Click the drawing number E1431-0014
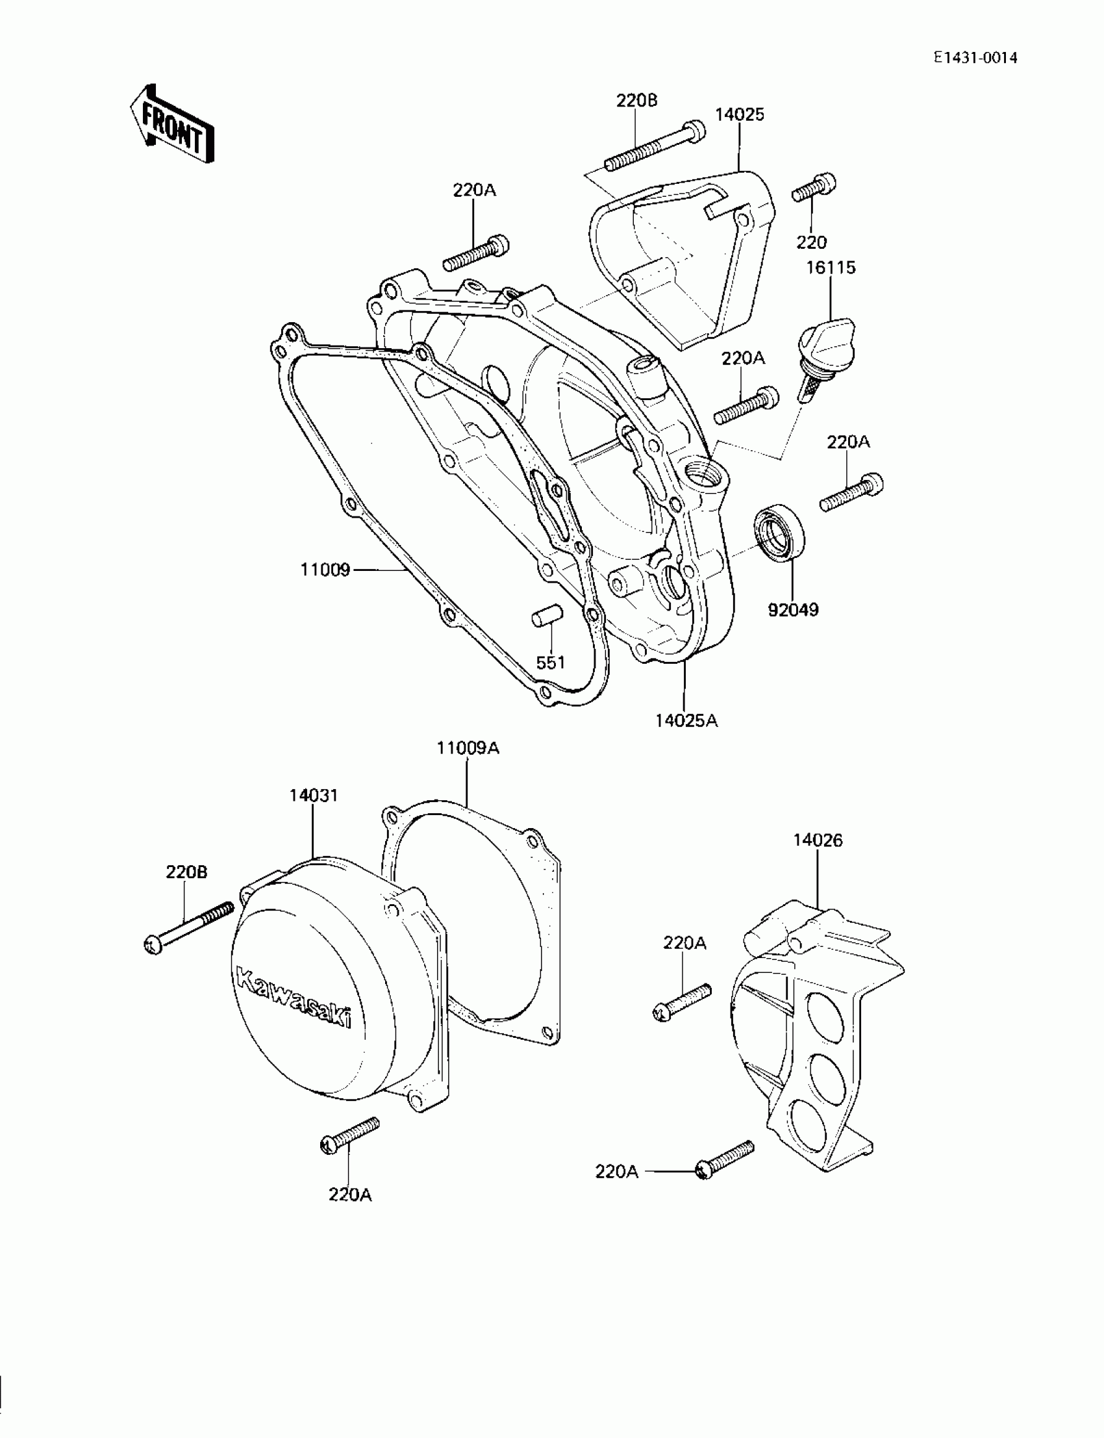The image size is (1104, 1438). point(976,58)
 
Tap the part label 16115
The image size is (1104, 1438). point(831,268)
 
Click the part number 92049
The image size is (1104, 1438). point(793,609)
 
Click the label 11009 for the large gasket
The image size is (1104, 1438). point(325,570)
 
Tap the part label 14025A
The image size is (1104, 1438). point(686,721)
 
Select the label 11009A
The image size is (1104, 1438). point(468,748)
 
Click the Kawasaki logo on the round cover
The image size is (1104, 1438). point(292,998)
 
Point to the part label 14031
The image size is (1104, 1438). point(314,795)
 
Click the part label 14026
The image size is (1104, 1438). point(818,840)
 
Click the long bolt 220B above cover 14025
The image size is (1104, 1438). point(654,147)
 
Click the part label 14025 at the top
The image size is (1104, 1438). point(739,114)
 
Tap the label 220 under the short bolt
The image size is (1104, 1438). point(812,242)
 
